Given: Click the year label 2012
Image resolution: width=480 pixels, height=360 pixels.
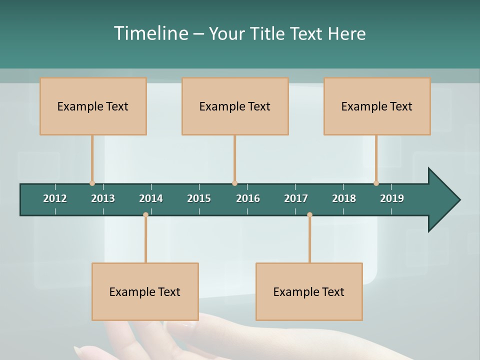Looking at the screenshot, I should click(55, 198).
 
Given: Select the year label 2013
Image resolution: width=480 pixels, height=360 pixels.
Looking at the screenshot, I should click(103, 198).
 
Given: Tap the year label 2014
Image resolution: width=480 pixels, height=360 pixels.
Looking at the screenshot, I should click(151, 198).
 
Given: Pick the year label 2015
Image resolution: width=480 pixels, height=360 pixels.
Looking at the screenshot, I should click(199, 198).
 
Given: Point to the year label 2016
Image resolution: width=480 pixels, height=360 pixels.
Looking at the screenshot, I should click(248, 198).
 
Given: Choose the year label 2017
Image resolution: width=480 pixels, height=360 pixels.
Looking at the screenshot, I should click(296, 198).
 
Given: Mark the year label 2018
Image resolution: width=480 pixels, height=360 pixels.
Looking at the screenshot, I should click(344, 198).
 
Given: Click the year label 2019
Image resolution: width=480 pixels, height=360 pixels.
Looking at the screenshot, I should click(392, 198).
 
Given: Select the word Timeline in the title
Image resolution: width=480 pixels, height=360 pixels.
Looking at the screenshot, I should click(151, 33).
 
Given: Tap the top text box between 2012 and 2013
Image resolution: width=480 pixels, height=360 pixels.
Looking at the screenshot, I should click(93, 106).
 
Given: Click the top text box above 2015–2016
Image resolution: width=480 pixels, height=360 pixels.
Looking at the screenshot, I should click(235, 106).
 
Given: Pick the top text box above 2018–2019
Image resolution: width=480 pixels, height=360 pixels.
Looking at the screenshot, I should click(377, 106).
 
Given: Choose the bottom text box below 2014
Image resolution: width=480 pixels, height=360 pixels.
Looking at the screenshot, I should click(145, 291).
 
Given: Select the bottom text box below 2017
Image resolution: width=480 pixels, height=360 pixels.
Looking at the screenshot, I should click(309, 291).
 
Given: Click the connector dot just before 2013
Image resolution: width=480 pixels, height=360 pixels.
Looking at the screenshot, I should click(92, 183).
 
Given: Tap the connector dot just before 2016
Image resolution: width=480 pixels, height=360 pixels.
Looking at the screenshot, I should click(234, 183).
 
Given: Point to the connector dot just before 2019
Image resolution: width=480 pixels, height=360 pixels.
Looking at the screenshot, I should click(376, 183).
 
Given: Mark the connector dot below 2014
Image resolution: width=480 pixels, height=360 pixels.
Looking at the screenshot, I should click(145, 215).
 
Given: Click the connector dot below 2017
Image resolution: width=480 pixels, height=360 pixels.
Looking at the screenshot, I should click(309, 215).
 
